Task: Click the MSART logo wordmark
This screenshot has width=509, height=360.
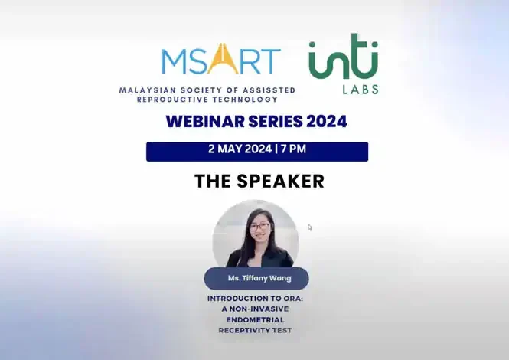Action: pyautogui.click(x=220, y=60)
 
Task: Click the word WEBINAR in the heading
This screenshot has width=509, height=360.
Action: pyautogui.click(x=201, y=121)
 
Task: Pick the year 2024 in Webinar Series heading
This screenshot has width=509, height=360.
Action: pyautogui.click(x=322, y=121)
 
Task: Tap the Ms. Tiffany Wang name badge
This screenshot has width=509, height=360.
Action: pyautogui.click(x=256, y=278)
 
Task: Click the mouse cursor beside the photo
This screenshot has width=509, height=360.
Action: pyautogui.click(x=310, y=227)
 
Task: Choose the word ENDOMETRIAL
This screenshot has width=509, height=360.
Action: pyautogui.click(x=256, y=319)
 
